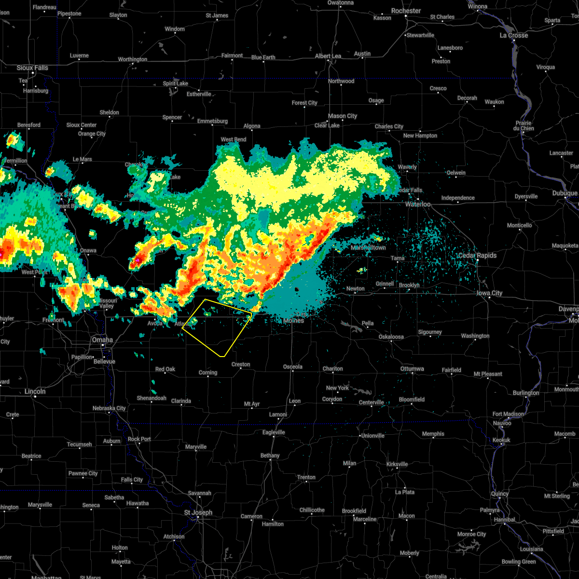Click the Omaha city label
[102, 340]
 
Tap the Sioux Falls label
[32, 68]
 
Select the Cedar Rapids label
[477, 256]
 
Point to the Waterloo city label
[418, 205]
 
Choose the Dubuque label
[565, 193]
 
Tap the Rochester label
[406, 11]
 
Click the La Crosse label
[513, 36]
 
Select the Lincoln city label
[35, 392]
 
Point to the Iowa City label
[489, 293]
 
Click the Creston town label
[241, 365]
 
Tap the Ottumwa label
[412, 369]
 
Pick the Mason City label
[342, 116]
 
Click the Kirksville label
[397, 464]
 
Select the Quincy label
[499, 494]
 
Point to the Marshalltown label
[368, 248]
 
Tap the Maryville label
[196, 447]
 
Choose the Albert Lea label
[328, 56]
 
